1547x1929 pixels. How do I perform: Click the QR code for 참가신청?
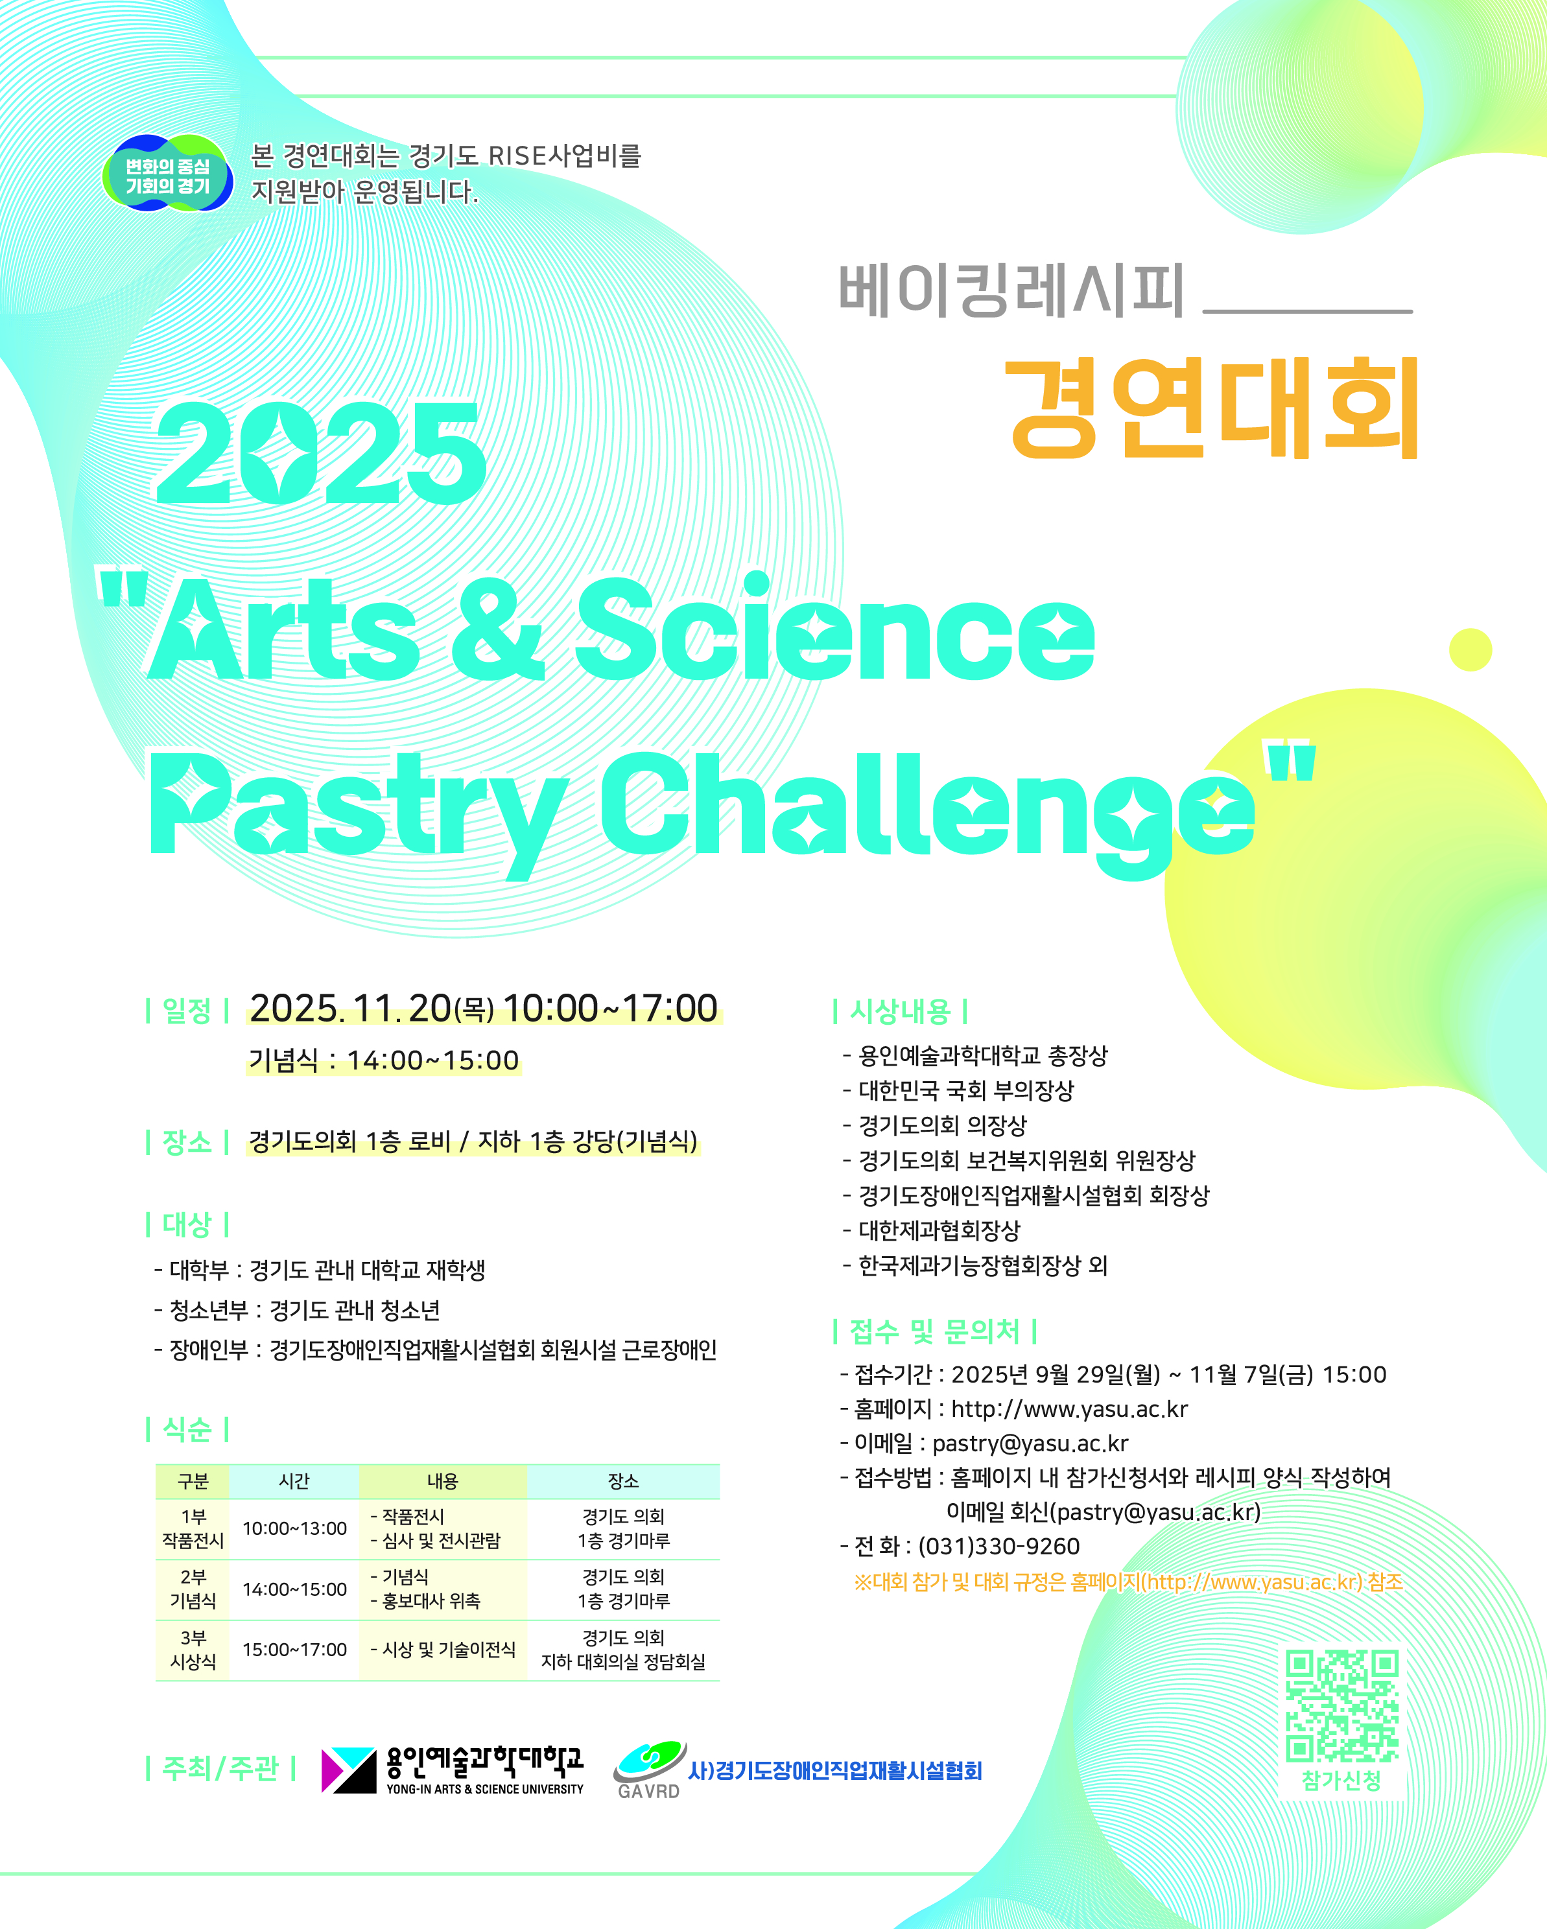click(1342, 1706)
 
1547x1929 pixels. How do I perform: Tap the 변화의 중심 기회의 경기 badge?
click(168, 174)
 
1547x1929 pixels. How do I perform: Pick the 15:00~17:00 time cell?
click(294, 1650)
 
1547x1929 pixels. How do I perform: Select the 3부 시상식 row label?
click(193, 1650)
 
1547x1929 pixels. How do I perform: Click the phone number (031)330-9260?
click(999, 1546)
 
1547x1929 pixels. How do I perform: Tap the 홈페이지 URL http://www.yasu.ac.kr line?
click(1014, 1409)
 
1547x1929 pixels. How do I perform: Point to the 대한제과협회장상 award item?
click(932, 1230)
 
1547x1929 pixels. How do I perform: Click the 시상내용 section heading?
click(900, 1011)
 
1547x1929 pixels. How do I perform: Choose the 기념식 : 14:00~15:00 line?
click(384, 1060)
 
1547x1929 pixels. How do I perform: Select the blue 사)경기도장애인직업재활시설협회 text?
click(835, 1771)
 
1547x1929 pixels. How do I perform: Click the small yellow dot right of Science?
click(1470, 649)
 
